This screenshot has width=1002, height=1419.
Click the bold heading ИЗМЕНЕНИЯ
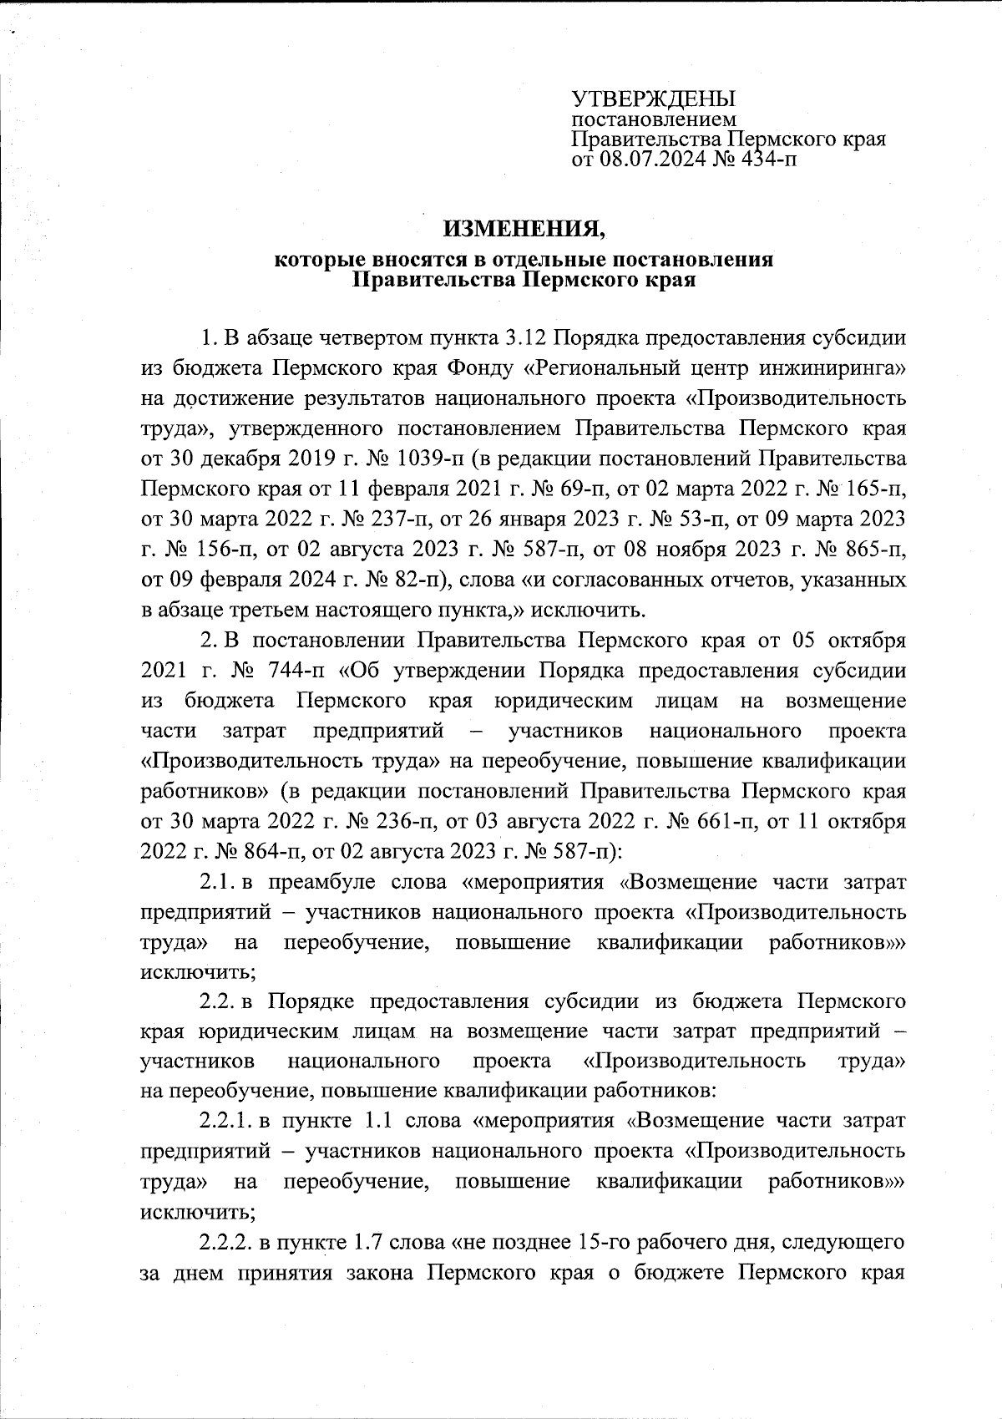524,227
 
